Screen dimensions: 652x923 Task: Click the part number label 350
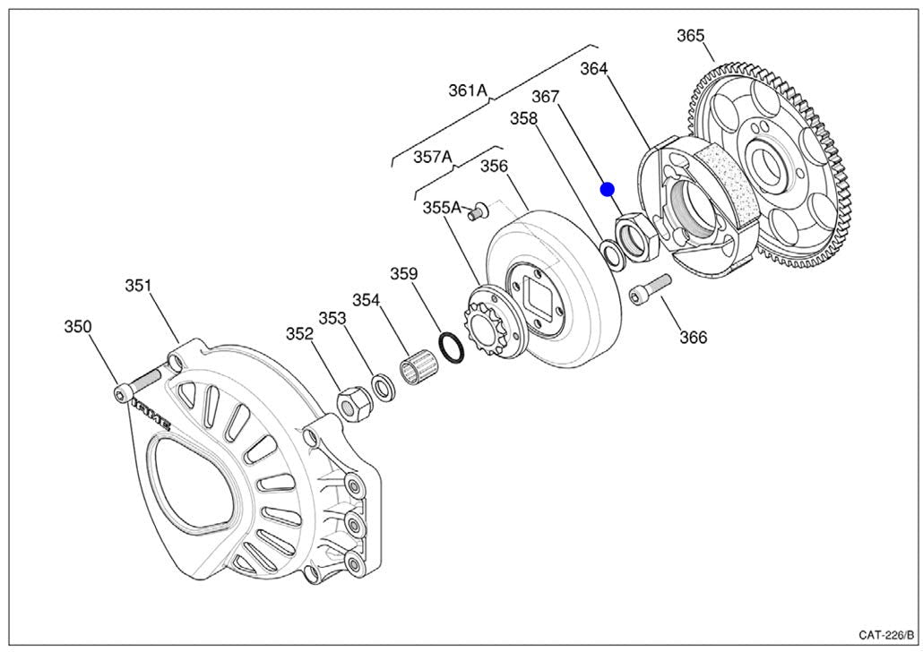[77, 327]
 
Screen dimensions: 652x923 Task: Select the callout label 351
[138, 286]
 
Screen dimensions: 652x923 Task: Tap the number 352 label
[299, 334]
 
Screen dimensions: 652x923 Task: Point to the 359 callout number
[403, 274]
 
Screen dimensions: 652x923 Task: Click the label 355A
[443, 208]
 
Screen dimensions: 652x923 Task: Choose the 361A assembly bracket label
[468, 90]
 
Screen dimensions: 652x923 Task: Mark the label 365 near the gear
[690, 36]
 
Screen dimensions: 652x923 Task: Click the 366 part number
[693, 338]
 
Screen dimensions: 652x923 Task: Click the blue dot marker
[607, 189]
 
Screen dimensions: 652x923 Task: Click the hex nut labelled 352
[353, 405]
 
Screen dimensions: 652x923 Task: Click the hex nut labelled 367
[638, 236]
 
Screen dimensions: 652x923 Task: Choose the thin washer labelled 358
[613, 254]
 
